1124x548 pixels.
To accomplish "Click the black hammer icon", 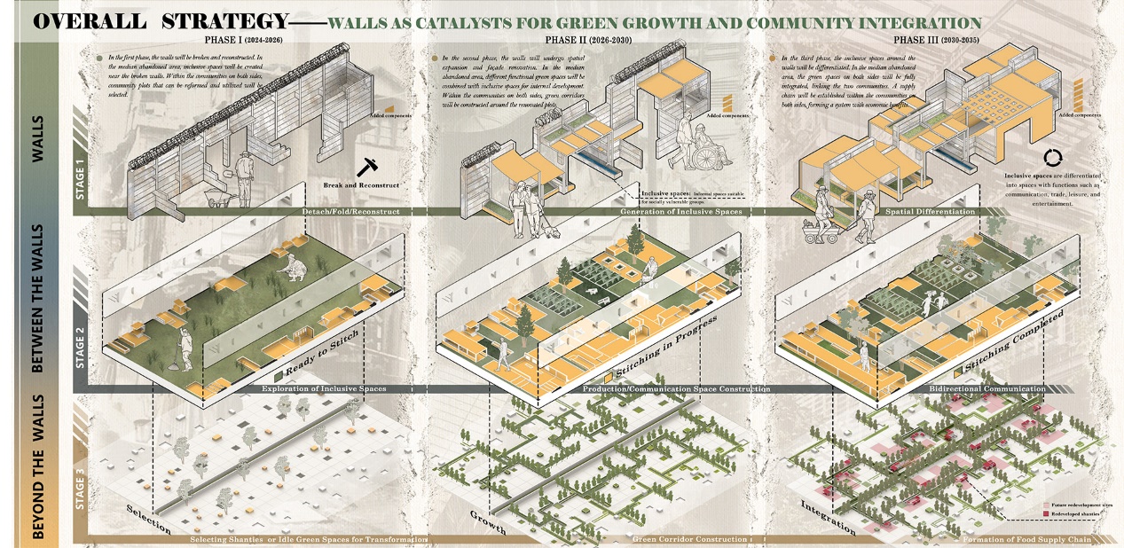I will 368,166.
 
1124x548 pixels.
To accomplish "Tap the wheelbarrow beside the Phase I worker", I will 216,188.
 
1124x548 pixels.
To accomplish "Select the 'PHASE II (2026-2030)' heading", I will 584,40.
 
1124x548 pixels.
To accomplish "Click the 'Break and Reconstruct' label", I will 363,185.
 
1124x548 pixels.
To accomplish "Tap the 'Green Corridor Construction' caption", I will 689,539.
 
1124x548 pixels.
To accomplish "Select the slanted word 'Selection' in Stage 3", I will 148,519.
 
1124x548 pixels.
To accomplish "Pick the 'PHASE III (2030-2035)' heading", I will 932,40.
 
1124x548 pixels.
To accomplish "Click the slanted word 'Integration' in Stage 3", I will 828,518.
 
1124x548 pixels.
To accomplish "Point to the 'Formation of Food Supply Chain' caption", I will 1031,539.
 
